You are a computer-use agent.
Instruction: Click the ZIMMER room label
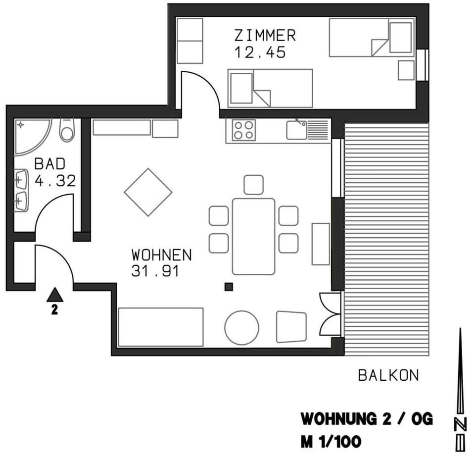(x=265, y=36)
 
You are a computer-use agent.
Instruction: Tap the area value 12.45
(x=260, y=52)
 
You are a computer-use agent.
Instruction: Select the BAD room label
(x=49, y=164)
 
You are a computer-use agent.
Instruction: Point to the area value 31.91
(x=155, y=271)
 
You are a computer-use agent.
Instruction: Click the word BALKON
(x=388, y=376)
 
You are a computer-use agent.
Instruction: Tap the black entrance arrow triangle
(x=55, y=295)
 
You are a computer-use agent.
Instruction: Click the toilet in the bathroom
(x=66, y=130)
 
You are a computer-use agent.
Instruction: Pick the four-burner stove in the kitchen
(x=244, y=131)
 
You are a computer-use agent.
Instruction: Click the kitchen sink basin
(x=296, y=131)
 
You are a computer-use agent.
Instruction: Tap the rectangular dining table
(x=253, y=236)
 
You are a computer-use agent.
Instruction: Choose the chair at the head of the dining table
(x=253, y=185)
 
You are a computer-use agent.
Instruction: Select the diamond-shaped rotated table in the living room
(x=148, y=192)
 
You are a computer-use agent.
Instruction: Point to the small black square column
(x=229, y=286)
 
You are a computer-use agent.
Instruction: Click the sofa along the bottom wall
(x=161, y=327)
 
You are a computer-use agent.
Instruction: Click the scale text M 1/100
(x=331, y=441)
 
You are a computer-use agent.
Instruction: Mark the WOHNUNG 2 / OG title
(x=367, y=419)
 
